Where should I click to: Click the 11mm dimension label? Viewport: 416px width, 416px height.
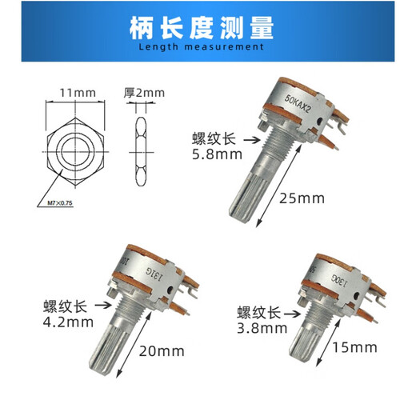[74, 94]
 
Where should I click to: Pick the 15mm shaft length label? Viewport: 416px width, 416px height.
[355, 347]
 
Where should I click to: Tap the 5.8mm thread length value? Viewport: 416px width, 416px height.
[213, 154]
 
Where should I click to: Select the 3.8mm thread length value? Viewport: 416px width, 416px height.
[261, 327]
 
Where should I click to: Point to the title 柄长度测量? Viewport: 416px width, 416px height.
[207, 29]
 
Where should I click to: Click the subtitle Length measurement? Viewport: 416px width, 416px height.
[207, 47]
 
